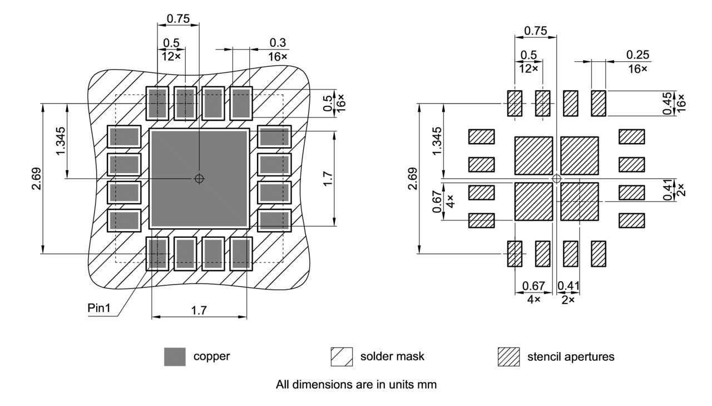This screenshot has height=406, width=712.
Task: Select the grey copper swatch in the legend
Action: click(175, 356)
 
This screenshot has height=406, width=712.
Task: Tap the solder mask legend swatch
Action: click(342, 356)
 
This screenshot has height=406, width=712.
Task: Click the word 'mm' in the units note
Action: click(428, 384)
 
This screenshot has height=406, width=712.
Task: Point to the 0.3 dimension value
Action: click(278, 43)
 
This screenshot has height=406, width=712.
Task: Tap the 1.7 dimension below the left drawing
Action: click(199, 311)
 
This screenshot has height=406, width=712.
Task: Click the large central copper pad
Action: click(199, 178)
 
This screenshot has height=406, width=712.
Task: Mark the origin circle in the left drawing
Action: click(199, 178)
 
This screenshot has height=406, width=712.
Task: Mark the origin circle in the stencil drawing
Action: click(556, 178)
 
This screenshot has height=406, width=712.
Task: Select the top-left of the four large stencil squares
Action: click(533, 156)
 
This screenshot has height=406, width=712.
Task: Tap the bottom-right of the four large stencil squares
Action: click(579, 201)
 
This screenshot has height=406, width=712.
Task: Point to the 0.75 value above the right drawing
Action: click(535, 31)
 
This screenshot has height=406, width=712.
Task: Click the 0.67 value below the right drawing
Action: click(533, 286)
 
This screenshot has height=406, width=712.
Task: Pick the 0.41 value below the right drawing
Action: click(568, 286)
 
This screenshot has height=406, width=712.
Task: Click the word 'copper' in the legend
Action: click(211, 356)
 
